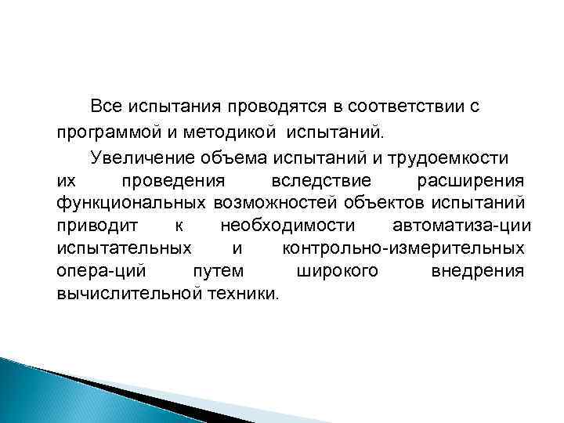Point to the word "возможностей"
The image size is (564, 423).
pyautogui.click(x=276, y=204)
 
